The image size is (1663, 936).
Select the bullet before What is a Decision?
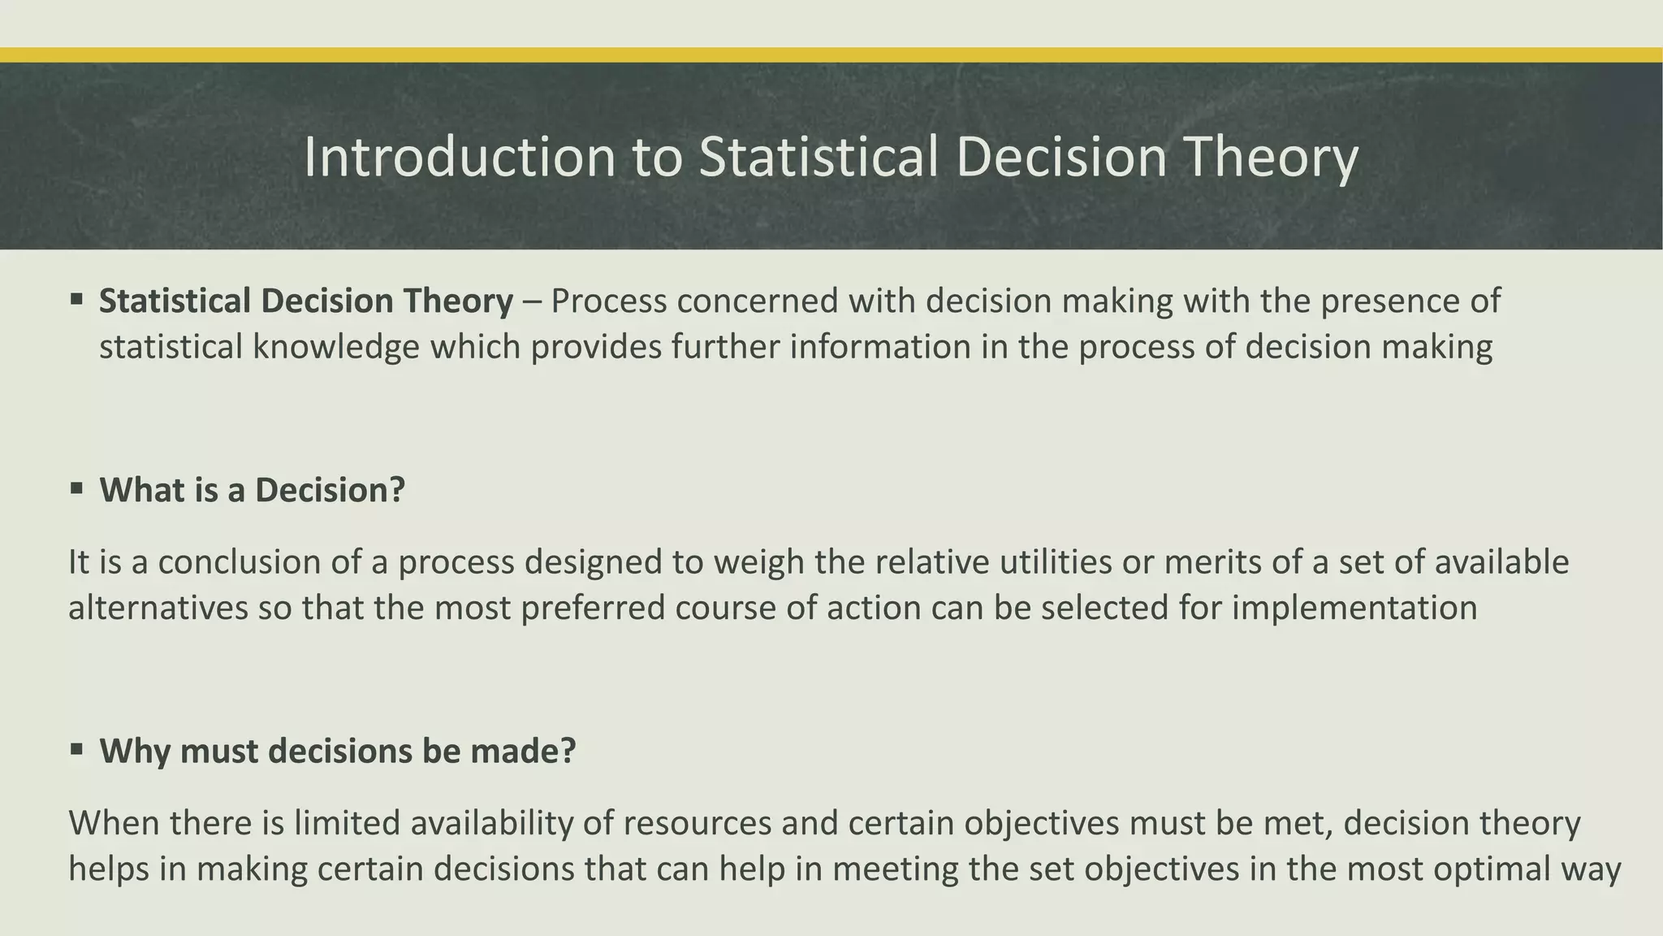77,489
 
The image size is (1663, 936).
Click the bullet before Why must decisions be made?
77,749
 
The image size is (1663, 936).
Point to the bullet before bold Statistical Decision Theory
77,300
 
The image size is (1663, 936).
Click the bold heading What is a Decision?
252,490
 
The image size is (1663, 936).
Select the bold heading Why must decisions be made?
337,751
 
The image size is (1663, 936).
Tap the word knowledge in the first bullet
335,347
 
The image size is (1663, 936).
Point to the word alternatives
158,608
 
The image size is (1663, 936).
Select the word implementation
1354,608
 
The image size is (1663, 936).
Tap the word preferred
593,608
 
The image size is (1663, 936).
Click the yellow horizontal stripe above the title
831,54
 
